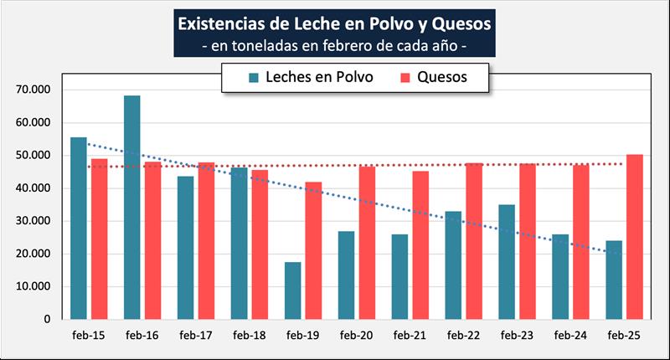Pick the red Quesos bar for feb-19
pos(313,250)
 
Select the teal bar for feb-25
pos(614,280)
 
